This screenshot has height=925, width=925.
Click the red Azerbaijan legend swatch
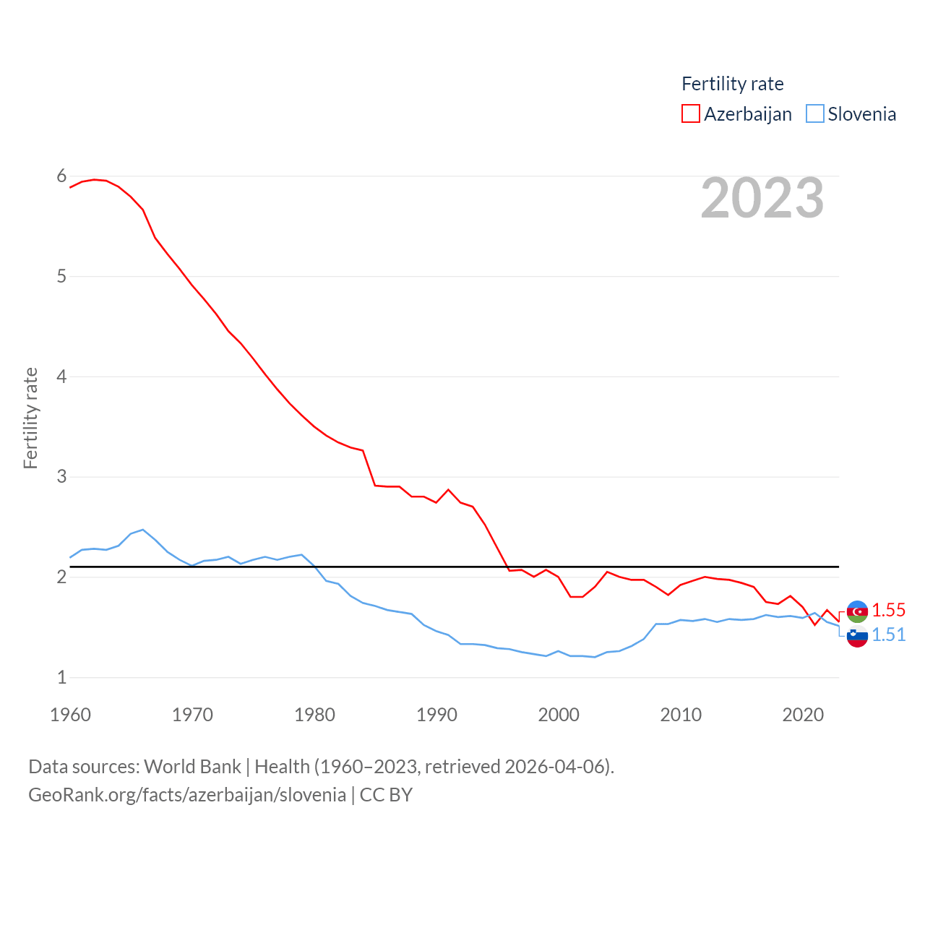(x=690, y=113)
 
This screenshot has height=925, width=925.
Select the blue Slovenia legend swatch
(x=814, y=113)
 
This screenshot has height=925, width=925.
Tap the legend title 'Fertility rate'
(x=732, y=84)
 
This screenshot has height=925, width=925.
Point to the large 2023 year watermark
(x=762, y=198)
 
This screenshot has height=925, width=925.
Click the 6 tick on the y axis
(x=61, y=176)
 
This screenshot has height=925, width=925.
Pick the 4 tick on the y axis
(x=61, y=377)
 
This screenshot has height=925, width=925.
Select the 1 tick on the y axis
(x=61, y=677)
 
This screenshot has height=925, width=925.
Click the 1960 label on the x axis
(x=71, y=715)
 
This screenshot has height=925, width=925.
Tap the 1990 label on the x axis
(x=436, y=715)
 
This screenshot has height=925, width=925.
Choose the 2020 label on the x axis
(x=803, y=715)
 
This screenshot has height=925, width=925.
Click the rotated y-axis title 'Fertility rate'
(x=30, y=418)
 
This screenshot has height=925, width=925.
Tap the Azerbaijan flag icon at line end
(x=857, y=611)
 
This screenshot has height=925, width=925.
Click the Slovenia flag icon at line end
(x=857, y=637)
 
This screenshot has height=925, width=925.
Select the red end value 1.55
(x=888, y=610)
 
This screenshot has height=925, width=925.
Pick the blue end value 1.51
(x=888, y=634)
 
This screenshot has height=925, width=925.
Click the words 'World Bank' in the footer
(x=192, y=767)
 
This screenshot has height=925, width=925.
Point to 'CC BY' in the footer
(x=386, y=795)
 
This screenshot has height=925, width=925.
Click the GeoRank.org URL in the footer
(x=187, y=796)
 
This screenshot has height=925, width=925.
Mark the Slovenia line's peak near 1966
(x=143, y=530)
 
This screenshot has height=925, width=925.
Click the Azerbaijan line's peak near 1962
(x=95, y=179)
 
